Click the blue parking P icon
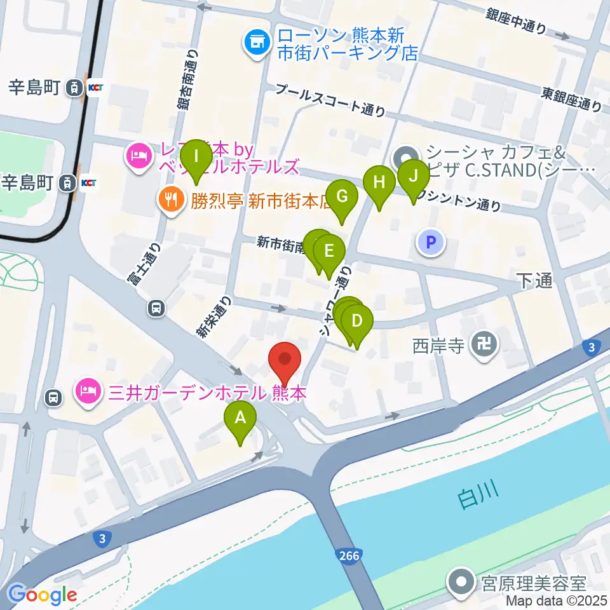click(x=431, y=242)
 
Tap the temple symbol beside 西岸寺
click(x=484, y=346)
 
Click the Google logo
click(x=43, y=594)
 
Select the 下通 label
click(x=534, y=281)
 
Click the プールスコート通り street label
click(x=330, y=100)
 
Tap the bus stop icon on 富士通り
click(x=156, y=308)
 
